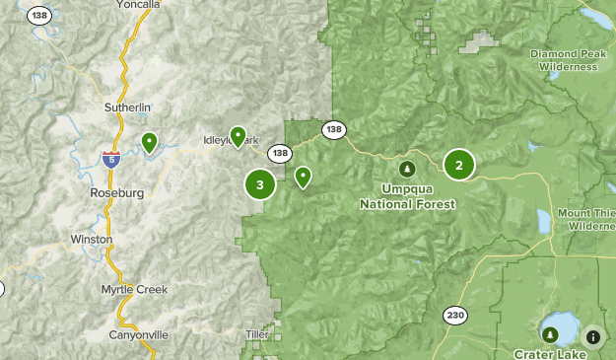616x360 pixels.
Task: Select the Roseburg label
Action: pos(118,193)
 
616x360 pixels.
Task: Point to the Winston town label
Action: pos(92,240)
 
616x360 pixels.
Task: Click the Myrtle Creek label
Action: pos(134,289)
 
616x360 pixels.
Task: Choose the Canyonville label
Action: pos(133,335)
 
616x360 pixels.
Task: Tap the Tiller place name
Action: pos(256,335)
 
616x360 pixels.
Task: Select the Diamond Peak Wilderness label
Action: pos(564,60)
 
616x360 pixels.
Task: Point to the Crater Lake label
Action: pos(549,353)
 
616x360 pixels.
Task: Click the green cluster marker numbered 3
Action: pos(259,183)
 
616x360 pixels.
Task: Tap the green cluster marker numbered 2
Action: pos(458,165)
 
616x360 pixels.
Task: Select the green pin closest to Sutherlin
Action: pos(149,143)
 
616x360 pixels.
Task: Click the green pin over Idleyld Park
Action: pos(238,136)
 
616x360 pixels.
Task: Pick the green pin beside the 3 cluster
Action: pos(303,177)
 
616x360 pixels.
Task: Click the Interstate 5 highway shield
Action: pos(110,159)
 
